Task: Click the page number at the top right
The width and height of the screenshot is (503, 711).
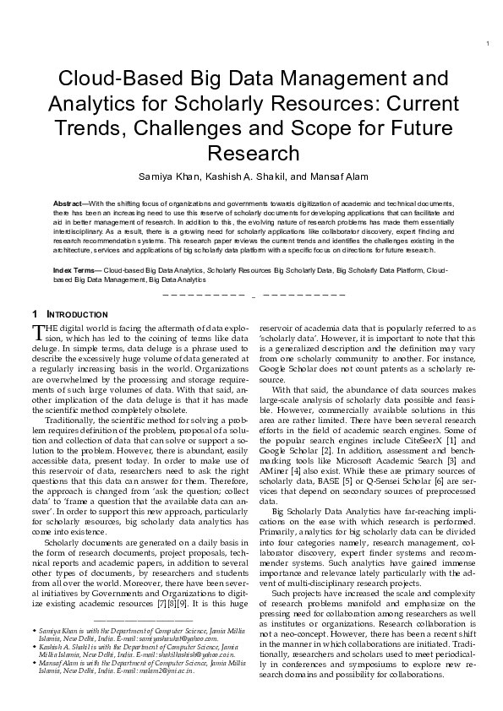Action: [x=489, y=44]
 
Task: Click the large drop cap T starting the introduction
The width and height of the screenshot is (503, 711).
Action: [x=36, y=332]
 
